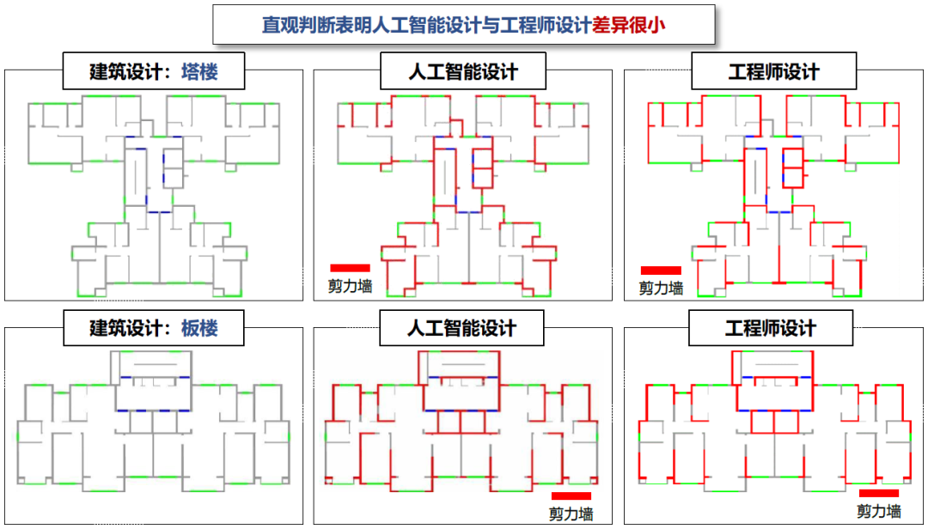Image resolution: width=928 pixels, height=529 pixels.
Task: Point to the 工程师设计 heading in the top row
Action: point(772,72)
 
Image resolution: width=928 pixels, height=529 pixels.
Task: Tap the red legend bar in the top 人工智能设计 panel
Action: point(350,268)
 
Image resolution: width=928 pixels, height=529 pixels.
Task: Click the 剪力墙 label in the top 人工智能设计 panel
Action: point(350,286)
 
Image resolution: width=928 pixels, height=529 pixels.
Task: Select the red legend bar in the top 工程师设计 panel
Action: point(661,271)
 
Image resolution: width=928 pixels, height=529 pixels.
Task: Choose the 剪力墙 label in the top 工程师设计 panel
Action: point(661,289)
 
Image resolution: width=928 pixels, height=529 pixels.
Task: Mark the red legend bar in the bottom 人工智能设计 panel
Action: point(571,496)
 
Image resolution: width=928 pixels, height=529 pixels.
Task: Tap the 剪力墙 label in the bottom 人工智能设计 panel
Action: point(571,514)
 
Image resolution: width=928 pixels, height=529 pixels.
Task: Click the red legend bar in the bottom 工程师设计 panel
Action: point(878,493)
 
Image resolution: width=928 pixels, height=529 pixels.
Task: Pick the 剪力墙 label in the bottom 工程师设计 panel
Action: point(878,511)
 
